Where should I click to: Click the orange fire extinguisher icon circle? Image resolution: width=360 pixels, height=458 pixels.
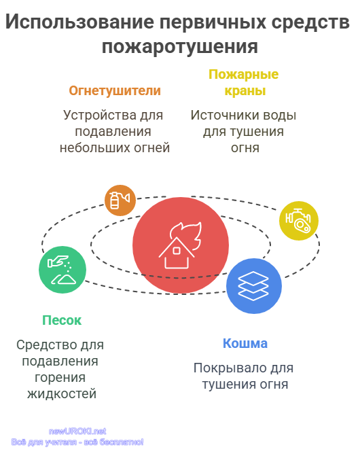click(120, 200)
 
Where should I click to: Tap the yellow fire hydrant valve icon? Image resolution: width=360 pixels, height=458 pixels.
click(299, 221)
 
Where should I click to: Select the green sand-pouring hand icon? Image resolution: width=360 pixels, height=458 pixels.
click(62, 270)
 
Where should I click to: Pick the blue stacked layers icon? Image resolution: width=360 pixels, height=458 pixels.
click(254, 286)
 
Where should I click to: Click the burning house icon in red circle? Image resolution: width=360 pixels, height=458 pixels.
click(181, 245)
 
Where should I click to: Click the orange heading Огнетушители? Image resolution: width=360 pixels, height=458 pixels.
click(115, 90)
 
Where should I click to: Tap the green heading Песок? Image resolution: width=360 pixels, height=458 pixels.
click(62, 321)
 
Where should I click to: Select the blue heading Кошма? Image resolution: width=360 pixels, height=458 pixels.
click(245, 344)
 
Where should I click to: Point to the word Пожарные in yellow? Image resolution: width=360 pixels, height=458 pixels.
click(243, 75)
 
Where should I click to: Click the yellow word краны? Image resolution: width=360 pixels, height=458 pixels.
click(245, 91)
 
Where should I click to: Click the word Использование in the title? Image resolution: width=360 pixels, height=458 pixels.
click(79, 22)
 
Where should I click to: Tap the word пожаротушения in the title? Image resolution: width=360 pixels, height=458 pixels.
click(180, 47)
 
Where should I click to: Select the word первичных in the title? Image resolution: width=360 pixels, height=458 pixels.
click(213, 22)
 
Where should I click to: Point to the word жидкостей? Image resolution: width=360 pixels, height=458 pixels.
click(62, 394)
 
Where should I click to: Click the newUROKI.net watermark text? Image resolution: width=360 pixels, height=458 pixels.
click(77, 431)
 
